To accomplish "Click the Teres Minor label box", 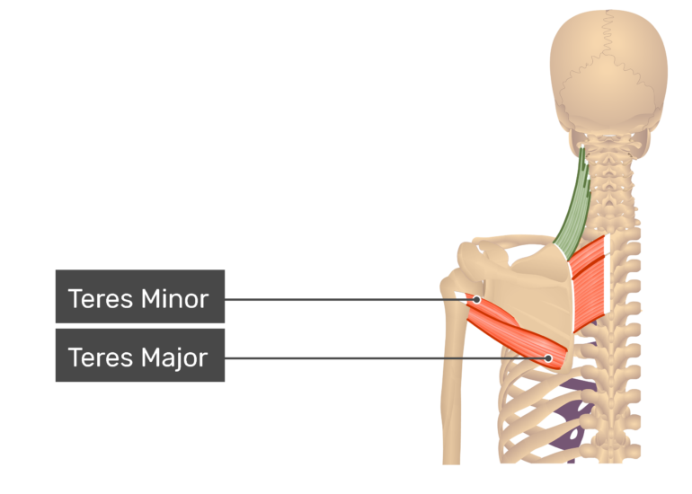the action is (x=140, y=296).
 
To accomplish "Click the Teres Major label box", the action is (x=140, y=355).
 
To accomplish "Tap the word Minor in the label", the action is (x=174, y=299).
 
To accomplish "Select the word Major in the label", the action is (x=174, y=358).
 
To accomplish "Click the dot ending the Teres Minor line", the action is (x=476, y=300).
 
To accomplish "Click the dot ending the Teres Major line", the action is (x=548, y=358).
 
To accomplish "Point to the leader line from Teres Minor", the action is (x=350, y=300).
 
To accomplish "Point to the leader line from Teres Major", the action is (x=386, y=358).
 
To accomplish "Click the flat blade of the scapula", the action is (x=529, y=300).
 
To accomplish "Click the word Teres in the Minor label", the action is (x=101, y=299).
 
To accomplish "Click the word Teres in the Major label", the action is (x=101, y=357).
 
